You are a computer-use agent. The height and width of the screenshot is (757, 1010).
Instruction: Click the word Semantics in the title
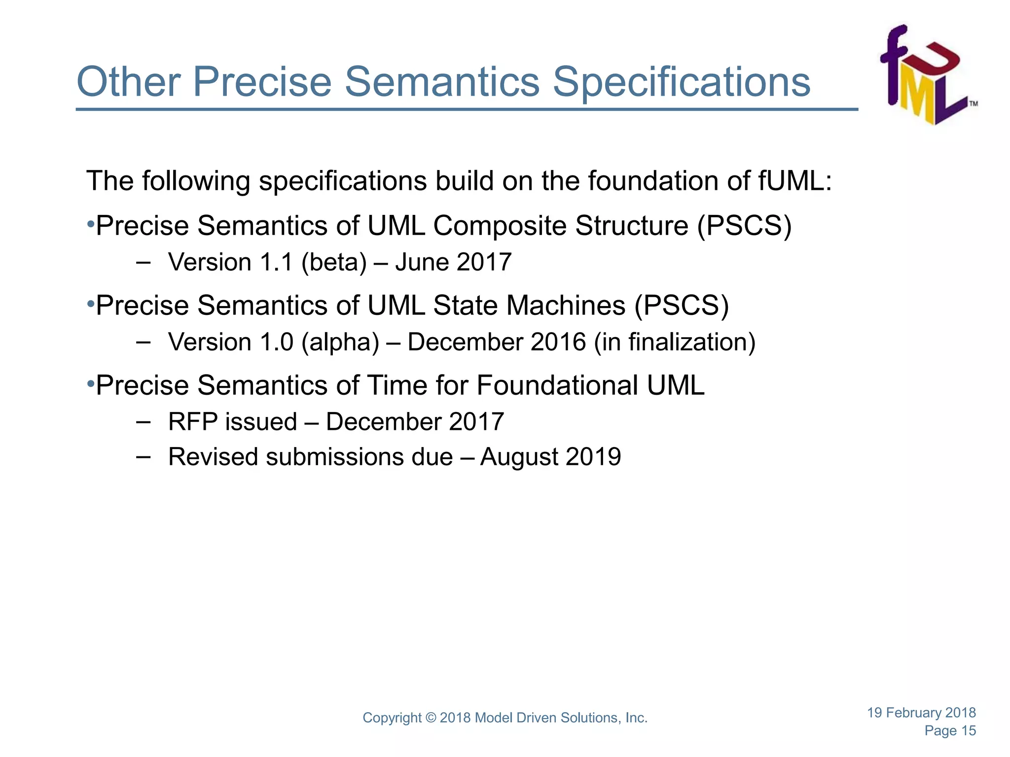tap(442, 82)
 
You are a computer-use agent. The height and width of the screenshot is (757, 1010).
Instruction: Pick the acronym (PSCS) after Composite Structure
tap(744, 226)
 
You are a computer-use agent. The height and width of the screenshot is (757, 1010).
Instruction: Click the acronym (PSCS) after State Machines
tap(682, 306)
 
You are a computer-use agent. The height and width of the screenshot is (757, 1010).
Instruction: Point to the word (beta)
tap(334, 262)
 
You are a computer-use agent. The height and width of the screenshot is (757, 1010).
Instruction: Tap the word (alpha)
tap(340, 342)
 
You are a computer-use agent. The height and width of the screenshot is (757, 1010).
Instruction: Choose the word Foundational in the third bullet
tap(557, 385)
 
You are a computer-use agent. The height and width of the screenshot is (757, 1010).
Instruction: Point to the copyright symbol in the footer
tap(431, 718)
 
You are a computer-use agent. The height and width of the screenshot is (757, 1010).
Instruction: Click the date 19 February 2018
tap(921, 713)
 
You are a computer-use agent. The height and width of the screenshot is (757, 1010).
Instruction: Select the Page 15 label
tap(950, 731)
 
